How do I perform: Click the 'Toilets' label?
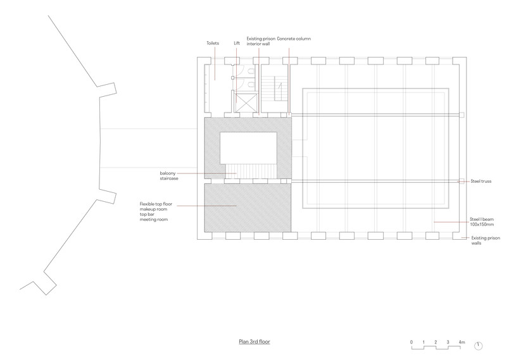(x=213, y=43)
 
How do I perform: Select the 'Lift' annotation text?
(x=237, y=43)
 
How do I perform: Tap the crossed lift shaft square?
(x=246, y=102)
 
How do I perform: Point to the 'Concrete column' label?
(x=294, y=39)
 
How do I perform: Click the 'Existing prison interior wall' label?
(x=261, y=41)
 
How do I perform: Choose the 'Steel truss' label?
(x=481, y=182)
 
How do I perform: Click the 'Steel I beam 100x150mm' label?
(x=482, y=222)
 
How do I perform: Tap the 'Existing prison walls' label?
(x=486, y=240)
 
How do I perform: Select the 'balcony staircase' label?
(x=169, y=176)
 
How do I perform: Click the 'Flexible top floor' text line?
(x=156, y=204)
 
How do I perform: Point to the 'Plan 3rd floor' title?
(x=254, y=342)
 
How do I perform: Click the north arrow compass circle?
(x=478, y=346)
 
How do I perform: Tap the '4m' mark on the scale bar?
(x=462, y=342)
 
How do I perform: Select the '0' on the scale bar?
(x=412, y=342)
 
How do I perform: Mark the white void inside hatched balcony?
(x=248, y=148)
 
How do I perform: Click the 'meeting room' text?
(x=154, y=220)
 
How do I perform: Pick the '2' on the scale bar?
(x=436, y=342)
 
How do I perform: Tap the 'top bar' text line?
(x=147, y=214)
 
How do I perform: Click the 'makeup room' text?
(x=154, y=209)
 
